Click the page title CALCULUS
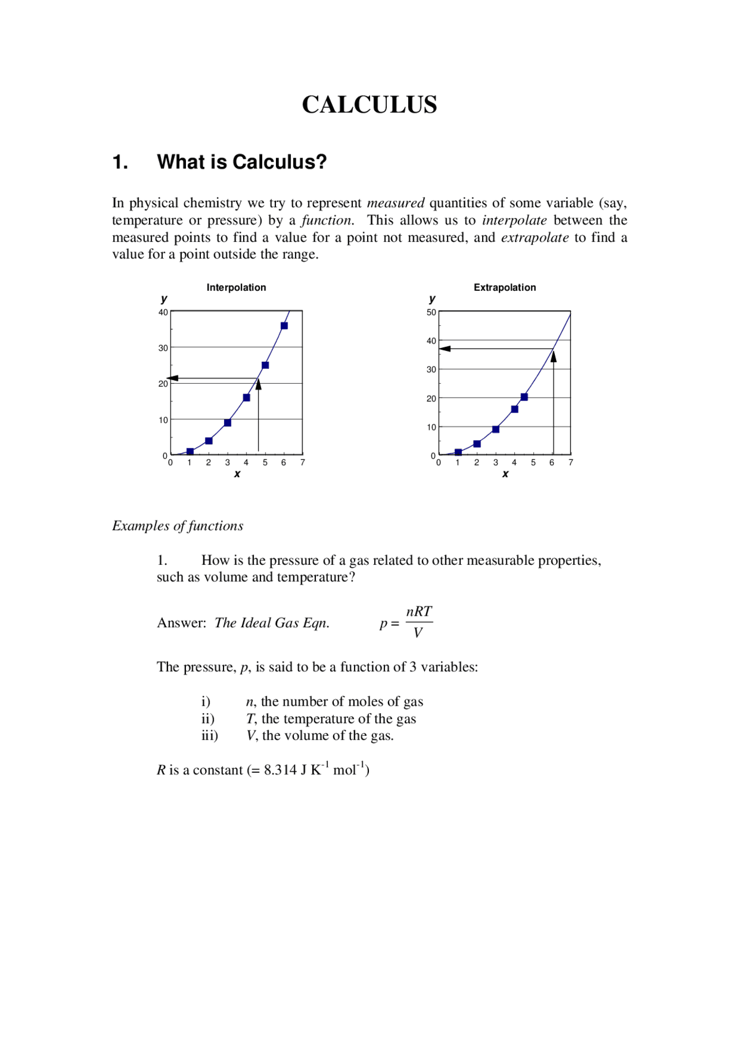point(369,105)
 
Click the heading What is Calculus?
point(241,162)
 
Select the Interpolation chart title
point(236,287)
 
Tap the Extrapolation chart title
point(505,287)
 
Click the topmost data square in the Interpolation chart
point(284,326)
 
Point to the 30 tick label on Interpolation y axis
point(163,348)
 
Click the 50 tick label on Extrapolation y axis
point(431,312)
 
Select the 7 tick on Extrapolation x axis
point(570,462)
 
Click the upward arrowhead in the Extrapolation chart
point(553,357)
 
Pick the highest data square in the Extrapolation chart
point(524,397)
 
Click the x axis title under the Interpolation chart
point(237,474)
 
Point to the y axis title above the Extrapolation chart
point(432,299)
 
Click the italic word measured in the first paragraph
point(395,203)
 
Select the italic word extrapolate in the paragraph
point(535,238)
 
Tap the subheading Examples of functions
point(178,526)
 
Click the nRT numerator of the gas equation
point(419,612)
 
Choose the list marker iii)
point(210,736)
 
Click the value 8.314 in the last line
point(280,770)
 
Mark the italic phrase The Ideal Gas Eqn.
point(272,623)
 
